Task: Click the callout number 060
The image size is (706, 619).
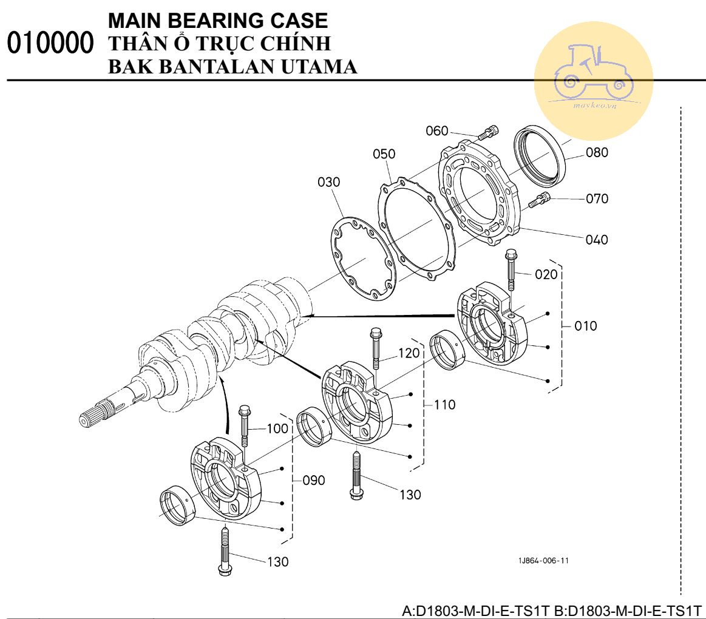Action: [436, 131]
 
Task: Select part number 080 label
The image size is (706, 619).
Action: [597, 152]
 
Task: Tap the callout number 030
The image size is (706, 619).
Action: [328, 182]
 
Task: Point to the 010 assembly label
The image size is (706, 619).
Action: [586, 326]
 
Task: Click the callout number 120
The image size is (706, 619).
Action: [409, 353]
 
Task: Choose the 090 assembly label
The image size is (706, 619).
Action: [314, 481]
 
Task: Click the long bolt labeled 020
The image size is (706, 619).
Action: [511, 269]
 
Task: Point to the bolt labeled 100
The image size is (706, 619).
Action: [245, 427]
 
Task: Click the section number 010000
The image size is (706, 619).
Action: [50, 42]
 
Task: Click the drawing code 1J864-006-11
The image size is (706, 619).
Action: [543, 561]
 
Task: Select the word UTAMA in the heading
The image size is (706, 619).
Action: [319, 67]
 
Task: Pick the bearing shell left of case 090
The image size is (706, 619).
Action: [177, 506]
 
